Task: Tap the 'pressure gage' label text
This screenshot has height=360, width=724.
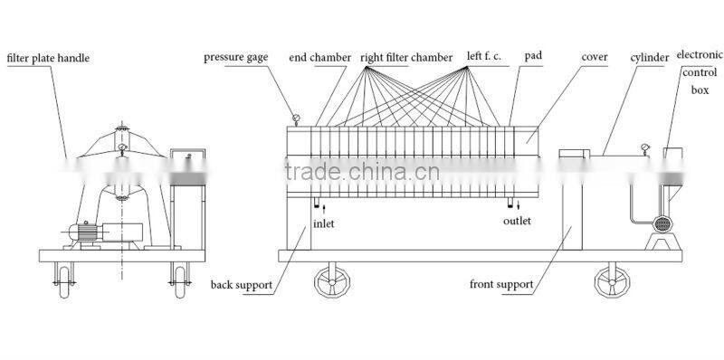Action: click(236, 58)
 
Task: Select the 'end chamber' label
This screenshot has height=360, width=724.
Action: click(319, 58)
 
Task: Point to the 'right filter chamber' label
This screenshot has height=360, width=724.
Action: click(406, 58)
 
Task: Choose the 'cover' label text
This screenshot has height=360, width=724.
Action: click(592, 57)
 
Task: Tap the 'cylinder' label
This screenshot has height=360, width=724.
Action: click(650, 58)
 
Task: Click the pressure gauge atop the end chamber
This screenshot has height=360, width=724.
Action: click(296, 118)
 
